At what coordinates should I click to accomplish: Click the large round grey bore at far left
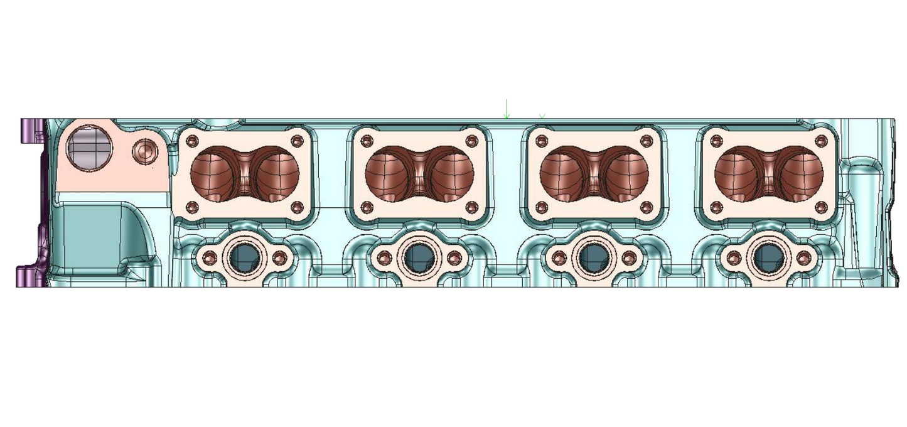point(89,149)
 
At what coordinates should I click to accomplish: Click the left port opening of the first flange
point(212,171)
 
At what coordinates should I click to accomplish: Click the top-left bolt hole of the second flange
point(367,140)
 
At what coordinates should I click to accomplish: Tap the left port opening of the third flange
point(561,171)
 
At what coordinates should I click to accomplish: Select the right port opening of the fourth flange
point(802,171)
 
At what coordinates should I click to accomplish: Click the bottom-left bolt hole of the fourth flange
point(717,207)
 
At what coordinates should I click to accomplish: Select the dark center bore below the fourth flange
point(767,257)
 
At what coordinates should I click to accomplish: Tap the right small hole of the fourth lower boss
point(803,257)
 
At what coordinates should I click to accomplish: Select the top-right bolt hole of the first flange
point(298,140)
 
